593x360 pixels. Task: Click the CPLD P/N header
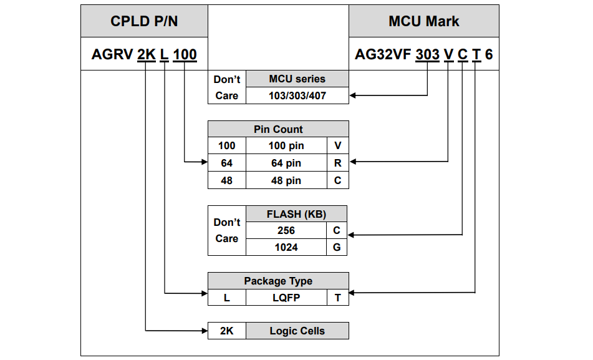pos(144,21)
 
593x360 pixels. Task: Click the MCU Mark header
pos(423,21)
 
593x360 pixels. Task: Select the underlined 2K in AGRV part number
pos(146,55)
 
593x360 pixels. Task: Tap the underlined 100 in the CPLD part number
pos(185,55)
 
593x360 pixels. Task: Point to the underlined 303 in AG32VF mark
pos(428,55)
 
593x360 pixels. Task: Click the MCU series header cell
pos(297,79)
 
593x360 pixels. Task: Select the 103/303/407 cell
pos(297,95)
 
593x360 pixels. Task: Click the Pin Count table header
pos(278,129)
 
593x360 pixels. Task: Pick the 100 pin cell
pos(286,146)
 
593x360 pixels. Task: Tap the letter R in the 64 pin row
pos(337,163)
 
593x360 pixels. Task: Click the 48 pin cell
pos(286,180)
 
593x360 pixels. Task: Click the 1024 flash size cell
pos(286,247)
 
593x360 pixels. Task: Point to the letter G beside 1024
pos(337,247)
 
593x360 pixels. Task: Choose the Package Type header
pos(278,281)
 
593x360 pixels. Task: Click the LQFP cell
pos(286,298)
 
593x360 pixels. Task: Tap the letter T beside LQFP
pos(337,298)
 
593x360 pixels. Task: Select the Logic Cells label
pos(297,331)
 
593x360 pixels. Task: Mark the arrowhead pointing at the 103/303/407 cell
pos(353,95)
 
